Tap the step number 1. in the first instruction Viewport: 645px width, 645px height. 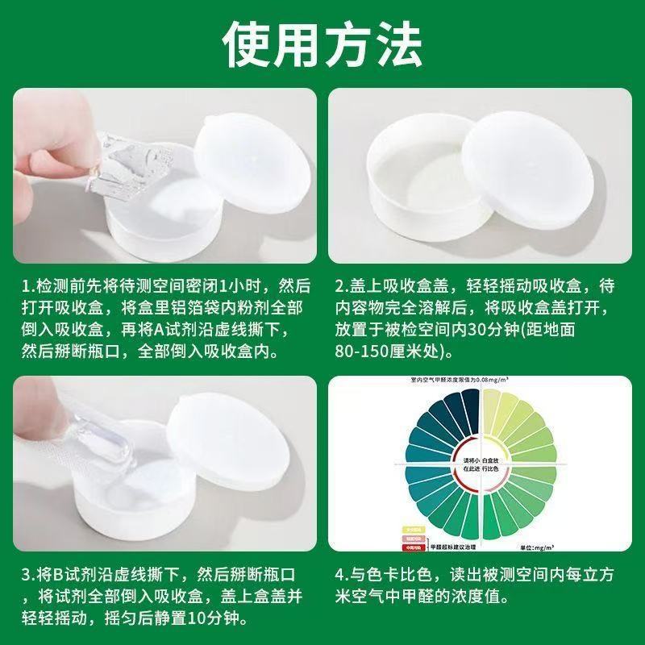coord(29,286)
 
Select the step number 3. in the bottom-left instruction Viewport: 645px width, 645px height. coord(29,576)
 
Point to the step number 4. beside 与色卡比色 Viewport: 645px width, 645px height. coord(343,576)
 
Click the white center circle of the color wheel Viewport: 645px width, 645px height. coord(481,465)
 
